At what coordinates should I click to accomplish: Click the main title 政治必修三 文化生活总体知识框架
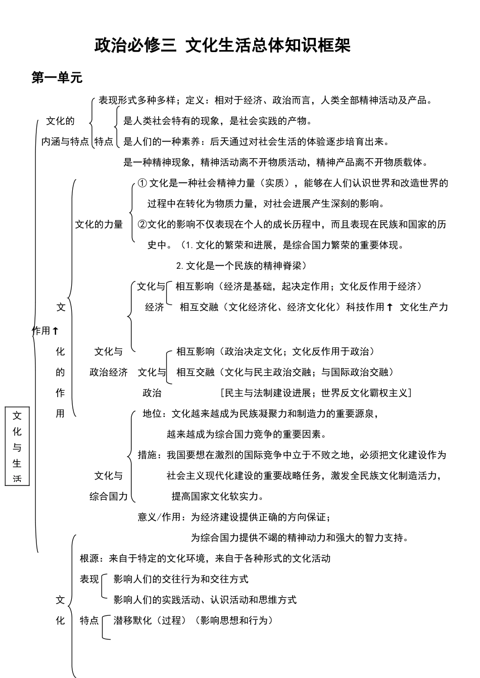[x=222, y=45]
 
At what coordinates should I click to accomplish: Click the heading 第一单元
[x=57, y=77]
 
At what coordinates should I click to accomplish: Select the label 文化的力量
[x=99, y=224]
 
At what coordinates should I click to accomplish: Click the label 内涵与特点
[x=65, y=141]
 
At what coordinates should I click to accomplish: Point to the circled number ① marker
[x=142, y=183]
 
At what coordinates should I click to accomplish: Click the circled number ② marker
[x=142, y=224]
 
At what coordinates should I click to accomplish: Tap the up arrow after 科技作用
[x=390, y=307]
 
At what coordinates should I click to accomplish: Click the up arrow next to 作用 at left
[x=56, y=331]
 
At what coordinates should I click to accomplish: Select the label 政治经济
[x=109, y=372]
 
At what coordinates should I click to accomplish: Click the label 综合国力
[x=109, y=496]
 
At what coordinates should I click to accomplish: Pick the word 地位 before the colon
[x=152, y=414]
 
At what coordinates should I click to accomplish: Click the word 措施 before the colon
[x=148, y=455]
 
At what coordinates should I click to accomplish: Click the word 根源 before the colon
[x=89, y=558]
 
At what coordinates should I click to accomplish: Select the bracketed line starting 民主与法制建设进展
[x=316, y=393]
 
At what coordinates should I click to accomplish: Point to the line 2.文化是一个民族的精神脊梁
[x=241, y=265]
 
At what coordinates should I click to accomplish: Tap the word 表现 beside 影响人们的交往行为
[x=89, y=579]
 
